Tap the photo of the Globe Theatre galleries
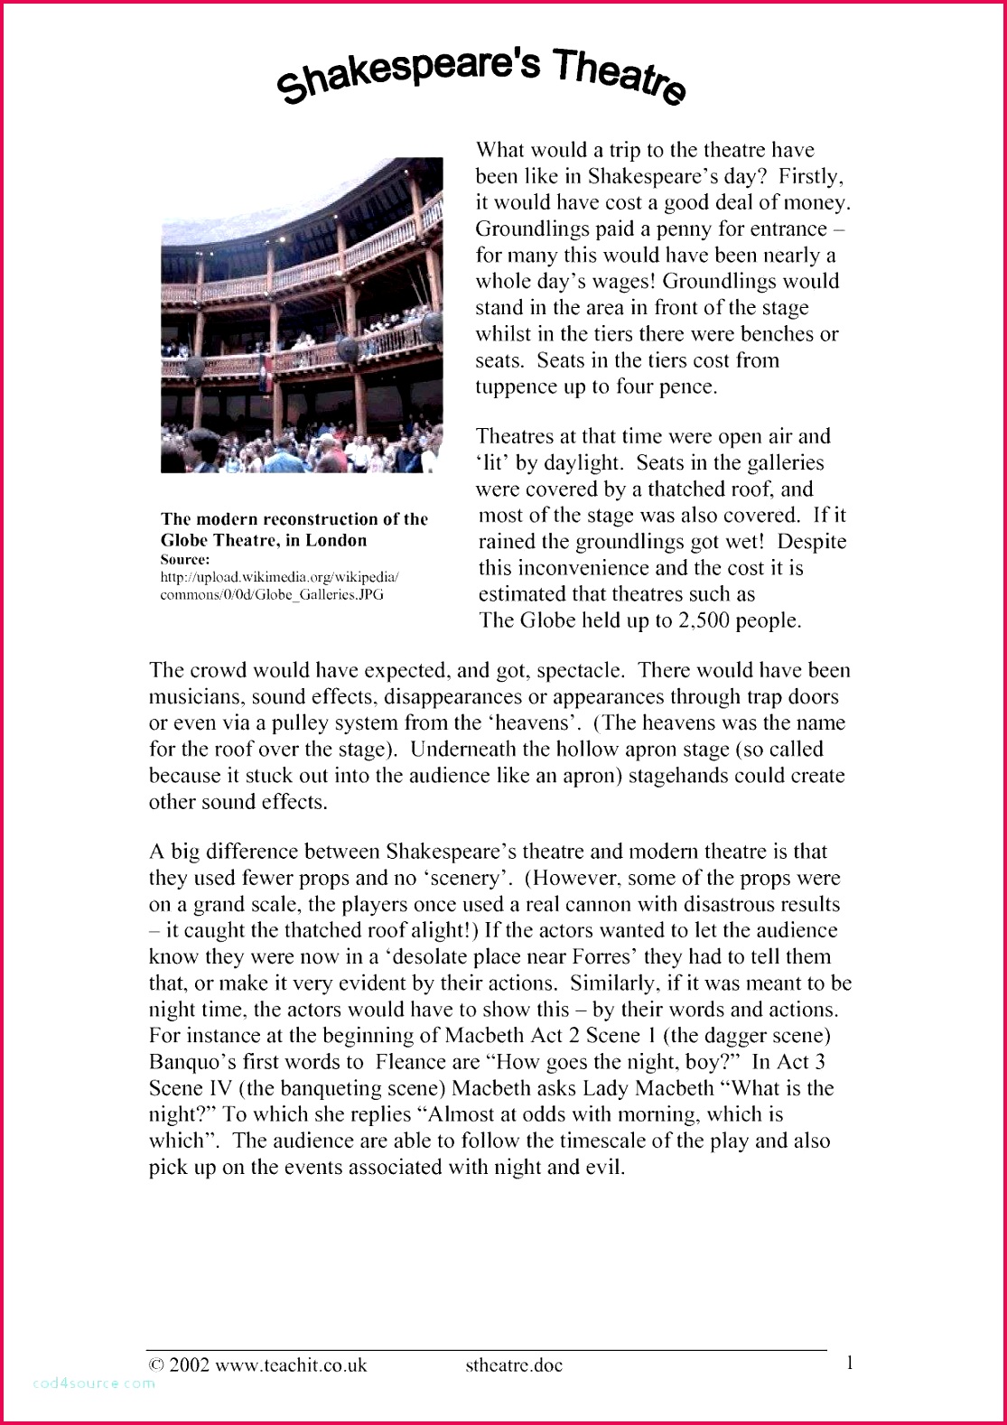[x=302, y=314]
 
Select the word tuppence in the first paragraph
[x=516, y=387]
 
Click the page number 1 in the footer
[x=849, y=1363]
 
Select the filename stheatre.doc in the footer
[x=514, y=1364]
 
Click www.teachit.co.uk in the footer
[x=291, y=1364]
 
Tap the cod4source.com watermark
[x=94, y=1383]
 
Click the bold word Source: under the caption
[x=185, y=559]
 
